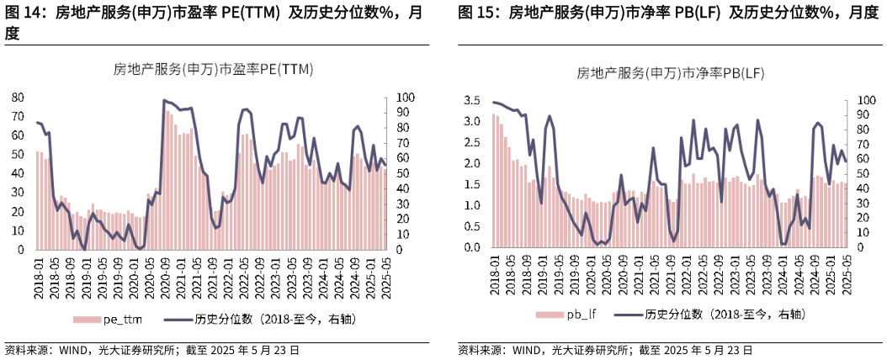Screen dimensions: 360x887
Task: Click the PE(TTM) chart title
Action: (213, 71)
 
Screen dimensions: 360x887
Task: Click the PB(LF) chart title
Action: (671, 74)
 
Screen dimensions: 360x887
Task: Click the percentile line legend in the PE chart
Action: (252, 319)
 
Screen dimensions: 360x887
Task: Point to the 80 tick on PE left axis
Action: (17, 97)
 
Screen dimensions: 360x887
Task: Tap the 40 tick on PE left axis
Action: (17, 173)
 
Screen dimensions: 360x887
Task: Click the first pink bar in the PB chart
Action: (494, 181)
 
